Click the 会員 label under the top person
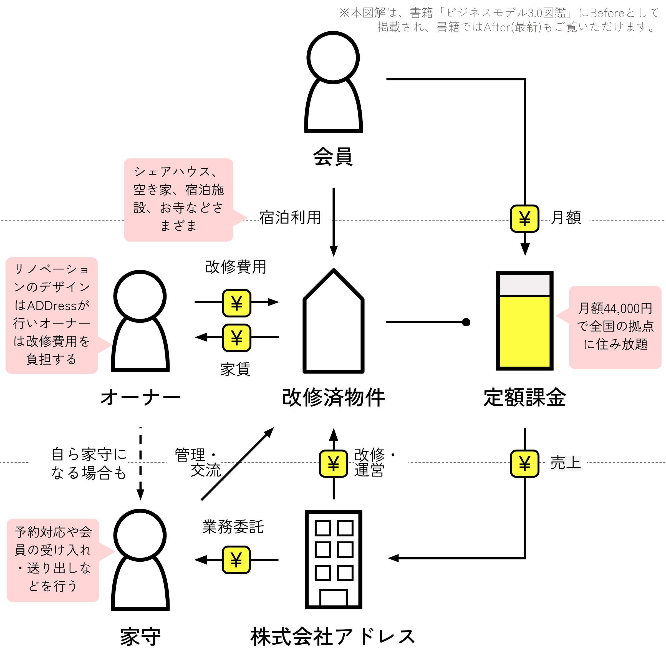coord(333,157)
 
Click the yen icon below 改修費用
coord(236,303)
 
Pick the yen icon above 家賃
coord(236,337)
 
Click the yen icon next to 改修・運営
coord(333,463)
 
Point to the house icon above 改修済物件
coord(333,321)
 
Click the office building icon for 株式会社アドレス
coord(333,559)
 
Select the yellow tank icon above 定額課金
coord(524,321)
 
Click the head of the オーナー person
coord(140,296)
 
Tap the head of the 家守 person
coord(140,535)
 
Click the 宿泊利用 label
coord(290,218)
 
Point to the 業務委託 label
coord(233,527)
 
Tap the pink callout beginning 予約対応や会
coord(59,560)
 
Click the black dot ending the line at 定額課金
coord(466,322)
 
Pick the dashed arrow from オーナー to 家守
coord(140,464)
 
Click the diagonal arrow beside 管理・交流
coord(238,464)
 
